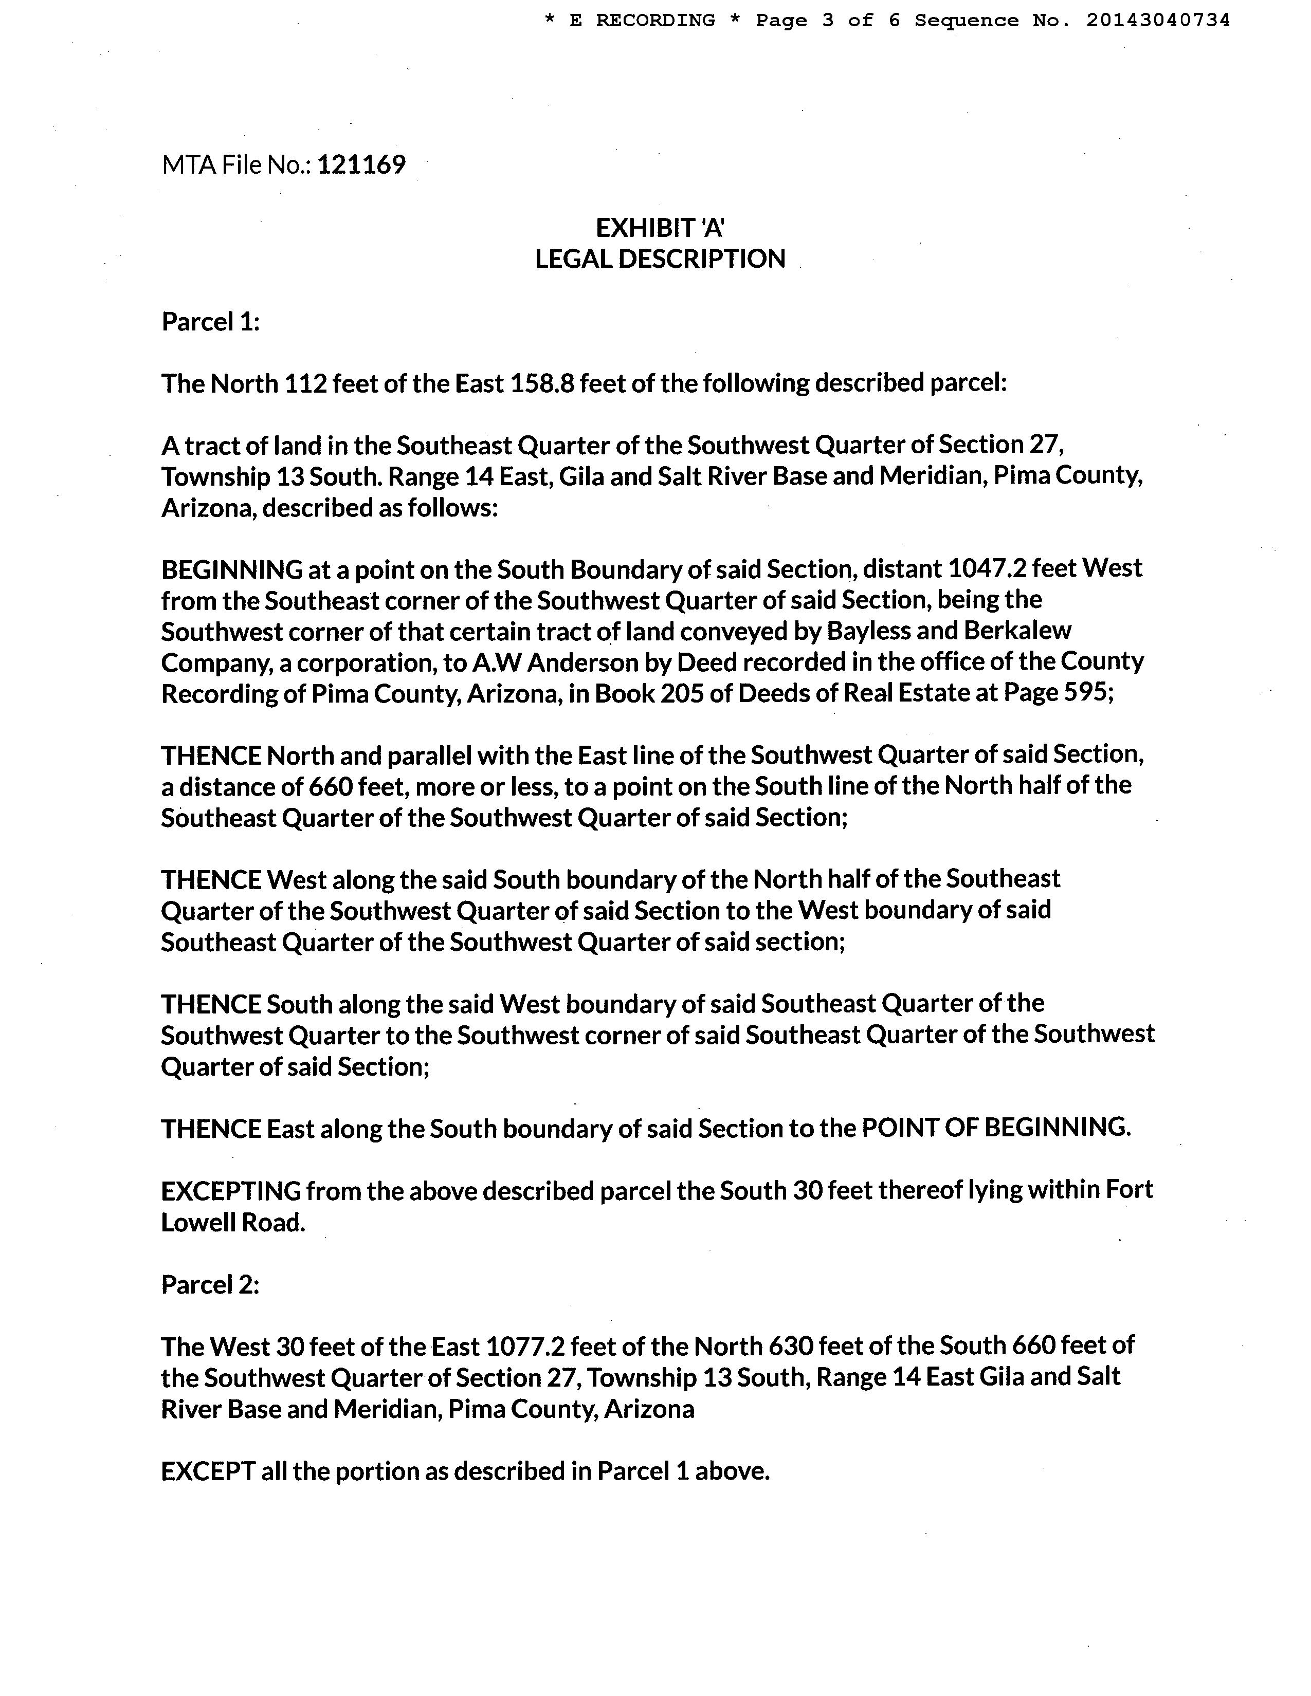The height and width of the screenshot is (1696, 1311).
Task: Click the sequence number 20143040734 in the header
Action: (x=1158, y=21)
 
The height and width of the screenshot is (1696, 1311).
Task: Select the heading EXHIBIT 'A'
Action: (x=660, y=228)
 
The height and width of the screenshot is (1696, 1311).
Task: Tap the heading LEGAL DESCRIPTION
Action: (x=660, y=259)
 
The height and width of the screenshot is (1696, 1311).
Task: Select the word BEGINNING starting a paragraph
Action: (x=231, y=570)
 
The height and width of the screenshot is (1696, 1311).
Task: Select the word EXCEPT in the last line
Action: (x=208, y=1471)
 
